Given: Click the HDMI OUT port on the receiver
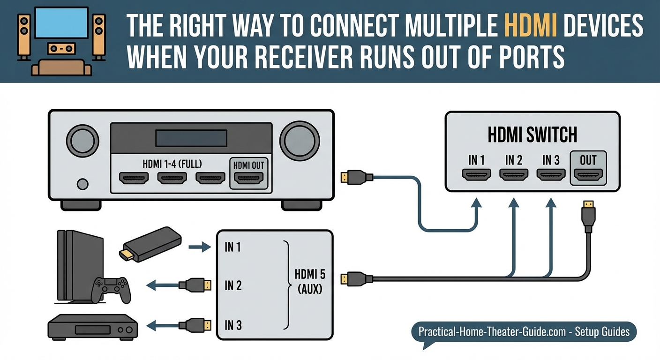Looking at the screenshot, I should tap(249, 178).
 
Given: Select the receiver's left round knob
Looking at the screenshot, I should tap(83, 140).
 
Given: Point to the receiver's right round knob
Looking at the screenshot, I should tap(300, 140).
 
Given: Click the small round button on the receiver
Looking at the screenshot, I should tap(82, 184).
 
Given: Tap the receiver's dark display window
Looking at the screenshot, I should tap(191, 138).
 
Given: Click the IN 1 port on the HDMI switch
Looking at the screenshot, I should tap(477, 175).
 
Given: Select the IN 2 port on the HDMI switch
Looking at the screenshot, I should tap(514, 175).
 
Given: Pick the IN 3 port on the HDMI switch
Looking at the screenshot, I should tap(551, 175).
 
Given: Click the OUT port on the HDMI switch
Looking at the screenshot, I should tap(588, 175).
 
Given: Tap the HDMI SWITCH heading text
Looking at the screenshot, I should tap(532, 135).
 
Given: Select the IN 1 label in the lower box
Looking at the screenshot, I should tap(232, 247).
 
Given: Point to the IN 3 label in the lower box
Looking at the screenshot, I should tap(232, 324).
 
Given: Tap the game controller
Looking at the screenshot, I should tap(111, 289).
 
